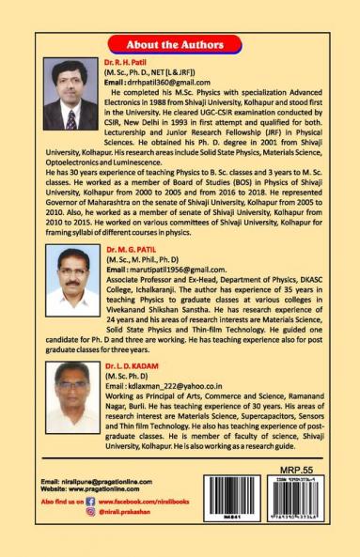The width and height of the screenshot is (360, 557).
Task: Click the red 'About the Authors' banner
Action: click(x=180, y=44)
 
